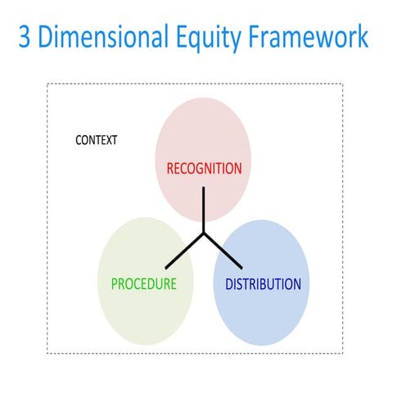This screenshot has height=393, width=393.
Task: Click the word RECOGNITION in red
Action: tap(204, 169)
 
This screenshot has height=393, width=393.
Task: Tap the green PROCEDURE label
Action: tap(144, 285)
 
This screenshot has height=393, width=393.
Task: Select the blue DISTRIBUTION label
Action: tap(263, 285)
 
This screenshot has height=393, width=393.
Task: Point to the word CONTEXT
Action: tap(96, 140)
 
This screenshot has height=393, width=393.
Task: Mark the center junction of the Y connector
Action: tap(204, 234)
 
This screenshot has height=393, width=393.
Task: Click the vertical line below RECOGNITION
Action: tap(204, 211)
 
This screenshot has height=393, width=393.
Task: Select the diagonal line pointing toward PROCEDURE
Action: tap(185, 251)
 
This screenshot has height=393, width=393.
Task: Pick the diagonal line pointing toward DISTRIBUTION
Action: tap(223, 251)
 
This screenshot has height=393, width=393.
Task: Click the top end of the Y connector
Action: tap(204, 189)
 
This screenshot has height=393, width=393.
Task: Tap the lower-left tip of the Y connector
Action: tap(166, 268)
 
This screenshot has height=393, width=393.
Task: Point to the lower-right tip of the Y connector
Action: tap(242, 268)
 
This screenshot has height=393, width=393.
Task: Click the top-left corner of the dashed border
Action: tap(47, 84)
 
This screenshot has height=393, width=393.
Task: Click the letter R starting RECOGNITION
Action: tap(170, 169)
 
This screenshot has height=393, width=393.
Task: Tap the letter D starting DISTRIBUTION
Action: tap(229, 285)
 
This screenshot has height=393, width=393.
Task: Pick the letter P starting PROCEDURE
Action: tap(115, 285)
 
